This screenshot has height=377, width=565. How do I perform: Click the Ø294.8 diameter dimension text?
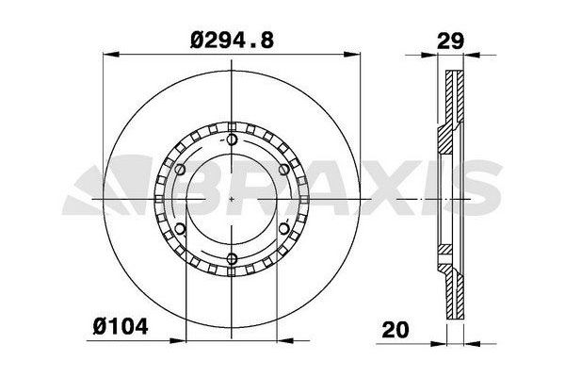click(232, 40)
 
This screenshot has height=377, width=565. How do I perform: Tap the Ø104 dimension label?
click(121, 327)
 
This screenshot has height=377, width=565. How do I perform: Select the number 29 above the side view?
click(450, 41)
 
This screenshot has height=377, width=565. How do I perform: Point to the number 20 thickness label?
click(395, 329)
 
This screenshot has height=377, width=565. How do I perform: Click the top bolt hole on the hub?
click(232, 139)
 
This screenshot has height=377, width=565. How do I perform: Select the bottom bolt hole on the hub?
click(232, 258)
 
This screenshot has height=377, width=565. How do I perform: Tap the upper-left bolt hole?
click(180, 170)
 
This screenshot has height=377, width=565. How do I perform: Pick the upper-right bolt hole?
click(284, 170)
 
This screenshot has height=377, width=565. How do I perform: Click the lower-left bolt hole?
click(180, 229)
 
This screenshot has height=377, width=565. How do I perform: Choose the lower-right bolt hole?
click(284, 229)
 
